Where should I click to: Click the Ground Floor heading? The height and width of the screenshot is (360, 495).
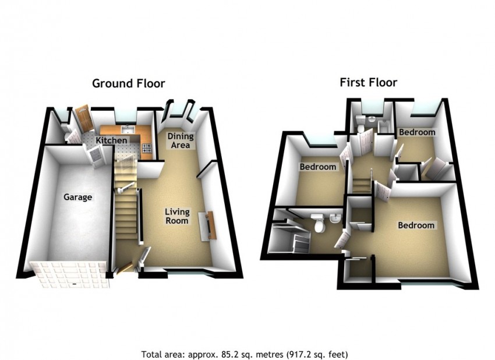(128, 83)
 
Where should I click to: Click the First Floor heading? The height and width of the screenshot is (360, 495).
(368, 82)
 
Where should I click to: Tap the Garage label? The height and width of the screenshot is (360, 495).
(77, 197)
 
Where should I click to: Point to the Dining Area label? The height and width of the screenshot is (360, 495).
(181, 140)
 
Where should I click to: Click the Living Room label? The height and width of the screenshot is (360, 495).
(176, 216)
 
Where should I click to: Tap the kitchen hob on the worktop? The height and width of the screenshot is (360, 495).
(146, 149)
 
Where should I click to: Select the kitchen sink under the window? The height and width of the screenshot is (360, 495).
(126, 129)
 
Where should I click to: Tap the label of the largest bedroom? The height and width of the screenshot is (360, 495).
(416, 225)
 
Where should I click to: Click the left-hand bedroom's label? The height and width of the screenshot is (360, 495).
(317, 167)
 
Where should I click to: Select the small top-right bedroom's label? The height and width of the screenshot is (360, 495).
(416, 132)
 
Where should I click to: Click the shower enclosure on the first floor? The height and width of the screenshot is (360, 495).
(289, 239)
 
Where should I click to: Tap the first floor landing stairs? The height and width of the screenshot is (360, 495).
(362, 184)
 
